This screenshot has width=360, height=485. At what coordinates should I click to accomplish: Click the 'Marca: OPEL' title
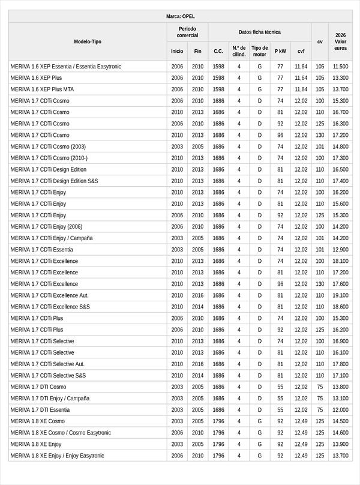[x=180, y=16]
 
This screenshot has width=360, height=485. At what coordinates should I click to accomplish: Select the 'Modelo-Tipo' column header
[x=88, y=41]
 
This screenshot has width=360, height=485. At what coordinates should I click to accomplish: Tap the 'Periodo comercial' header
[x=187, y=32]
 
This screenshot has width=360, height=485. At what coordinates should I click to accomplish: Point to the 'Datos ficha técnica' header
[x=259, y=32]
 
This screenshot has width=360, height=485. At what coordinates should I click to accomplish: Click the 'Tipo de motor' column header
[x=260, y=51]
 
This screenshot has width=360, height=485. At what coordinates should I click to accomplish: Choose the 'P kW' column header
[x=280, y=51]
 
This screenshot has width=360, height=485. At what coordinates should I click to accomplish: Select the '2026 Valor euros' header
[x=340, y=41]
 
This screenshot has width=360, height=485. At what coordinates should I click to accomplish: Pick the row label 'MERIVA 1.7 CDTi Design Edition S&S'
[x=55, y=181]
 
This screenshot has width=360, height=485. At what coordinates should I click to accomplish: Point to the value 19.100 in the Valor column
[x=340, y=295]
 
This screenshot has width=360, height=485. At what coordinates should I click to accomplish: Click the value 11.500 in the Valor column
[x=340, y=67]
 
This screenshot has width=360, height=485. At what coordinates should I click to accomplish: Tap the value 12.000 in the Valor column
[x=340, y=409]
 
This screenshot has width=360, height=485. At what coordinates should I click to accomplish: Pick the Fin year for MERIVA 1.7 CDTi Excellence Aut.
[x=198, y=295]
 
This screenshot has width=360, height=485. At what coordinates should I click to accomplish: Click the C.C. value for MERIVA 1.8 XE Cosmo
[x=218, y=421]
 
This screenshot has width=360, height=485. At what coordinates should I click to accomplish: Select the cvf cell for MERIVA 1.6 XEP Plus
[x=301, y=78]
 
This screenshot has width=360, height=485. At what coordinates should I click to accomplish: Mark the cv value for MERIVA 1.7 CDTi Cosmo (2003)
[x=320, y=146]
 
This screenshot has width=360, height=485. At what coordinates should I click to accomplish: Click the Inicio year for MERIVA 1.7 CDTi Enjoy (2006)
[x=177, y=227]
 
